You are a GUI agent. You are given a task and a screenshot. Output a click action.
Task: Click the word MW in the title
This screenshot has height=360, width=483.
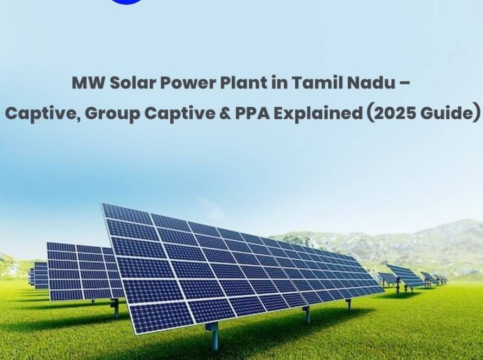point(85,83)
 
